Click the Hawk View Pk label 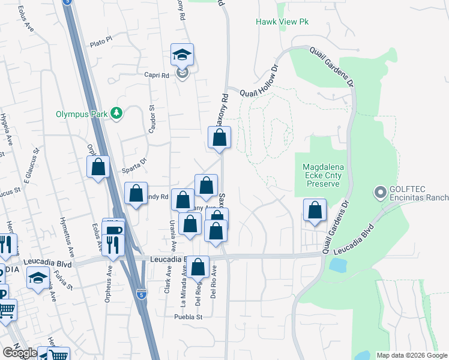(x=282, y=22)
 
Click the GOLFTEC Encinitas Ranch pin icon (x=379, y=193)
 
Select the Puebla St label (x=190, y=317)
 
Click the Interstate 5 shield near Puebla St (x=142, y=295)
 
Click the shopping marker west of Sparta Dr (x=98, y=167)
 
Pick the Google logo (x=20, y=353)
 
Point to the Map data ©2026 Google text (x=411, y=355)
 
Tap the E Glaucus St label (x=34, y=165)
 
